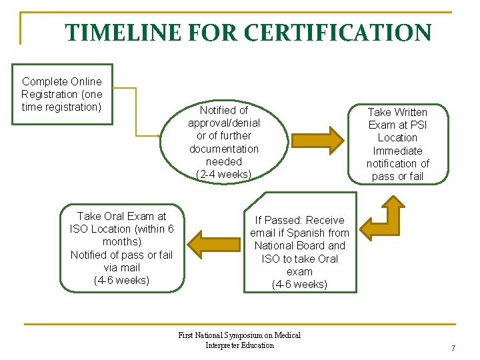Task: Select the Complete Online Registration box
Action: (x=62, y=94)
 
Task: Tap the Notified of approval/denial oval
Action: (x=224, y=142)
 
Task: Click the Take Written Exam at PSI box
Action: (x=398, y=143)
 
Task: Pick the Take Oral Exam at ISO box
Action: (x=121, y=248)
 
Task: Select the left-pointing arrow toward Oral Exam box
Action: (x=213, y=244)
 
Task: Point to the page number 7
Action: (x=453, y=348)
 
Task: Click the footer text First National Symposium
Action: (x=239, y=335)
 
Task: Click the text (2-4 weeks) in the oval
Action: (x=224, y=175)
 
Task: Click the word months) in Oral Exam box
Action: (x=121, y=242)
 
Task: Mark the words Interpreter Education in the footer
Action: (x=239, y=345)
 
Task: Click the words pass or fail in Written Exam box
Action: (x=398, y=176)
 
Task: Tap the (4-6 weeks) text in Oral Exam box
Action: (x=121, y=280)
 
